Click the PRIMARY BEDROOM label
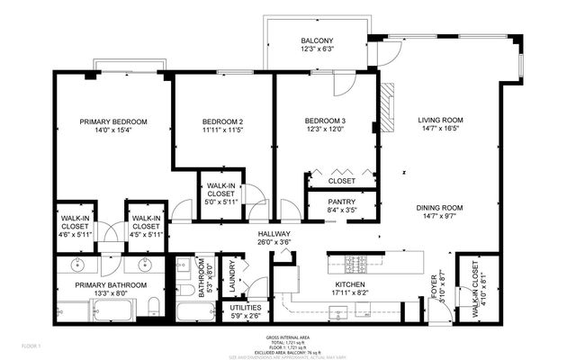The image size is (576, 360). point(112,121)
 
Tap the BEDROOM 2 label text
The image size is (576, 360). point(222,121)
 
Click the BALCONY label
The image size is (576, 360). point(317,40)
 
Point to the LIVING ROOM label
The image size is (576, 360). point(440,120)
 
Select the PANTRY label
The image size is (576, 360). point(341,201)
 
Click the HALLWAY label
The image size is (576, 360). point(273,232)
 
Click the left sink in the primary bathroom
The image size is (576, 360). point(77,265)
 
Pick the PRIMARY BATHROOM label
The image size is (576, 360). point(101,283)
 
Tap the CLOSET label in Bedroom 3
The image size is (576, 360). point(341,181)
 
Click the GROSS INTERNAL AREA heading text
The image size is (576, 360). point(287,337)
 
